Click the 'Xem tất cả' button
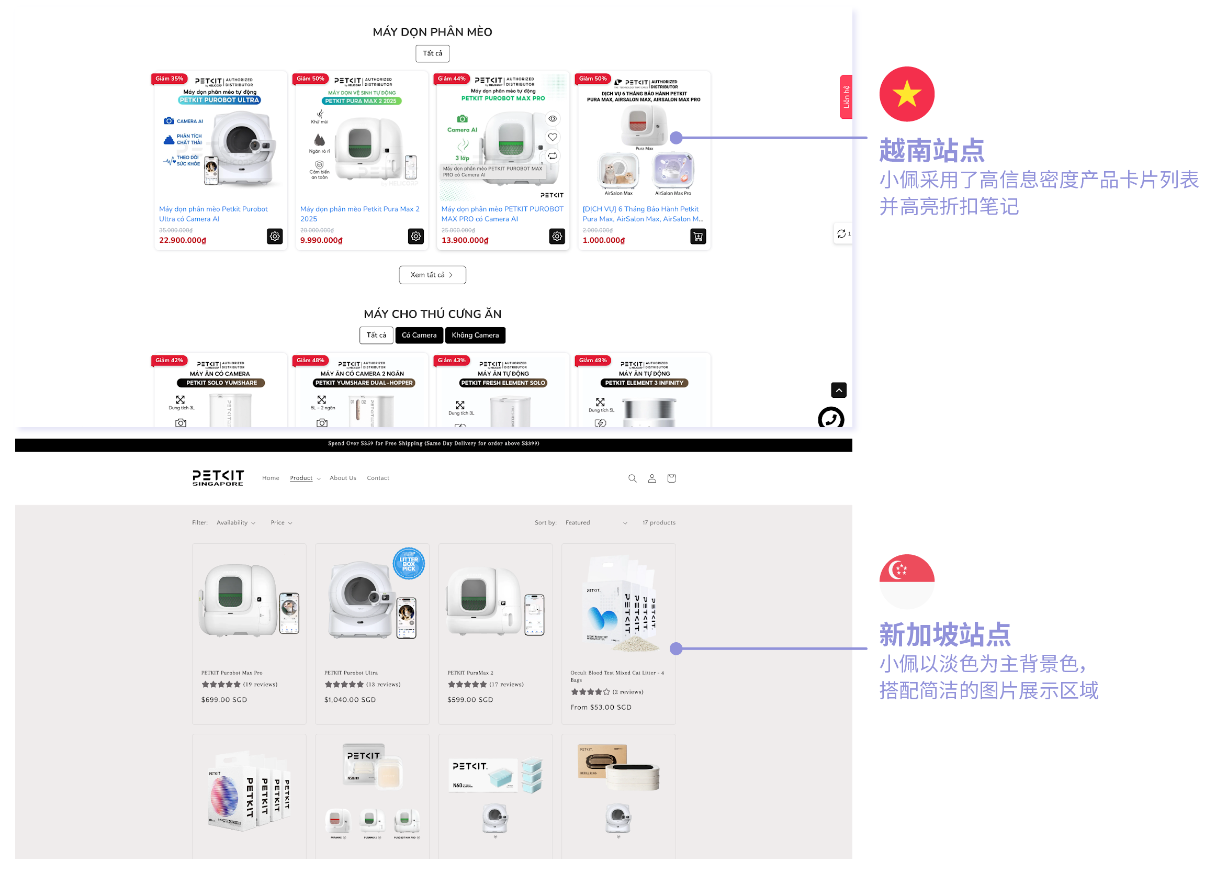(x=432, y=275)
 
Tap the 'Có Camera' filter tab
(x=419, y=335)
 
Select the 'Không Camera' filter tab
(x=475, y=335)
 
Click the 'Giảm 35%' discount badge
(x=170, y=79)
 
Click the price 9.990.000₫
(x=321, y=241)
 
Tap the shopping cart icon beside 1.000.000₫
(x=698, y=236)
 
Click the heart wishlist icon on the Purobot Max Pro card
(x=553, y=137)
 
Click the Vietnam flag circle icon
(x=907, y=94)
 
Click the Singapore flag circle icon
(x=907, y=582)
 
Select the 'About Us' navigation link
(x=342, y=478)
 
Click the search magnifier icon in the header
(x=632, y=478)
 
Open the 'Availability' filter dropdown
(x=235, y=522)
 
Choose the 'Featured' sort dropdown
(x=596, y=522)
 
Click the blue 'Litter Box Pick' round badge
(x=409, y=563)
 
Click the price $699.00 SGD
(x=224, y=700)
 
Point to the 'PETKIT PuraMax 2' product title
(x=470, y=673)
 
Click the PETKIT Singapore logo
(x=218, y=478)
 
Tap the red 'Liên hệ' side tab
(x=846, y=97)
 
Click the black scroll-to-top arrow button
(x=838, y=390)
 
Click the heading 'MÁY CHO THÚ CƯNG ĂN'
(x=432, y=314)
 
